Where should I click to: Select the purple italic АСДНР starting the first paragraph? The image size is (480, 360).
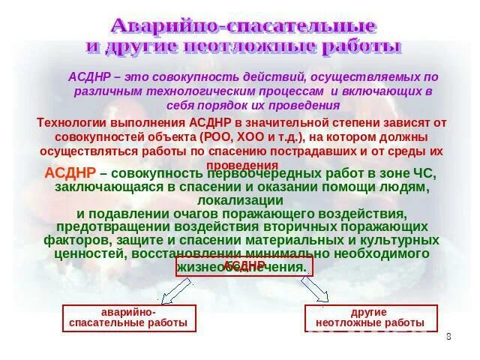tap(89, 77)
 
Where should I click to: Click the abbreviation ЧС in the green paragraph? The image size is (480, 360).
tap(423, 173)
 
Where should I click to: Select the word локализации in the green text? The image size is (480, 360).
tap(240, 200)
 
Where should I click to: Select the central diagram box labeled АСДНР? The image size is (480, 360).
tap(244, 266)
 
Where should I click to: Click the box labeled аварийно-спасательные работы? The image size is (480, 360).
tap(129, 318)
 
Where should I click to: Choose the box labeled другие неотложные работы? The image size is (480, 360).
tap(369, 318)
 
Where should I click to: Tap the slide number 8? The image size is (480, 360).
tap(448, 336)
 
